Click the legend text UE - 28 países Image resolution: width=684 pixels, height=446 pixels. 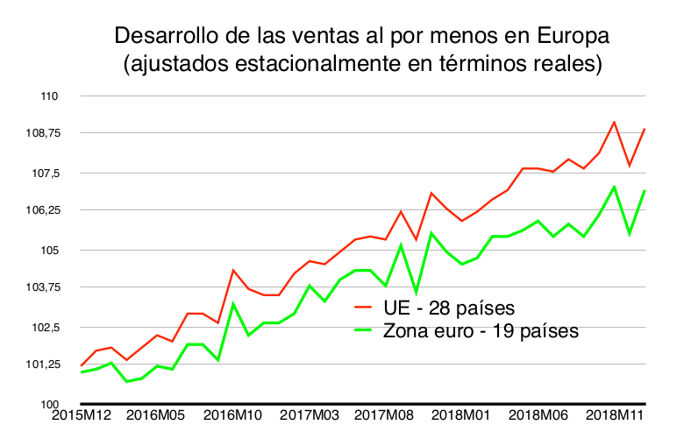tap(447, 308)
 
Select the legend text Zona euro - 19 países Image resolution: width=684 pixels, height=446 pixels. tap(481, 331)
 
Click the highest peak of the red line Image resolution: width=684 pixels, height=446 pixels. tap(615, 122)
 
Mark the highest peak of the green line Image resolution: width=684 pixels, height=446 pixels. tap(615, 187)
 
